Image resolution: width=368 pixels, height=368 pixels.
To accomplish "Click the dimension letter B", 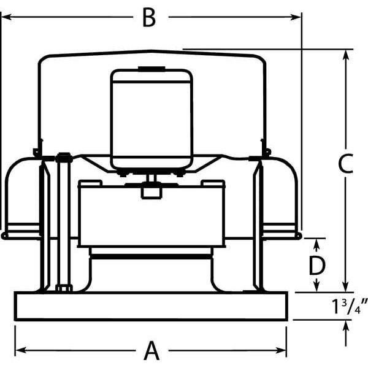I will click(148, 18).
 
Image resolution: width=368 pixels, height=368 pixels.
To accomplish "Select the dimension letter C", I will click(345, 163).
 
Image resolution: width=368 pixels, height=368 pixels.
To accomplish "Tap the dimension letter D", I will click(316, 266).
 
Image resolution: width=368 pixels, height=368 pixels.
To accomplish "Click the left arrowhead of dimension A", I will click(19, 351).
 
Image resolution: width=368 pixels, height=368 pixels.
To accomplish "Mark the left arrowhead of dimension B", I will click(5, 18).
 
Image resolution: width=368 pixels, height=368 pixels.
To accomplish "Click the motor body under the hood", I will click(151, 117).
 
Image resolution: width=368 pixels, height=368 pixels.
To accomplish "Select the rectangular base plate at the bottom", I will click(151, 306).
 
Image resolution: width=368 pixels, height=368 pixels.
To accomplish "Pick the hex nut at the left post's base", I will click(63, 288).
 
